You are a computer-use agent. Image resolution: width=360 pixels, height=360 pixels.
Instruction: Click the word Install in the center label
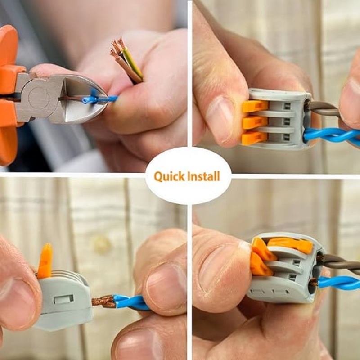click(x=203, y=176)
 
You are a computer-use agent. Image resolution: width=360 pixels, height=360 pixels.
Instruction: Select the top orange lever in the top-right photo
click(x=255, y=106)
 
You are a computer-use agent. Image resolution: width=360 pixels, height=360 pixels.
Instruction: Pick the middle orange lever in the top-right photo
click(x=255, y=122)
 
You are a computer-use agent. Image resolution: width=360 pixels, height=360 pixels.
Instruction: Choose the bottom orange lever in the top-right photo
click(x=254, y=138)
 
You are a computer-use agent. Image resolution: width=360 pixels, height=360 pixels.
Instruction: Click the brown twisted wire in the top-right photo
click(x=324, y=108)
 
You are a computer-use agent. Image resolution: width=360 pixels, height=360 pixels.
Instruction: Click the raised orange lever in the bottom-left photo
click(x=45, y=261)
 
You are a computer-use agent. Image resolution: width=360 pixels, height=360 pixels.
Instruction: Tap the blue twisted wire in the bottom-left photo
click(x=131, y=302)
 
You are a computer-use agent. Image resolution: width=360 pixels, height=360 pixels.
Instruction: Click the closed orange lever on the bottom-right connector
click(x=290, y=245)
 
